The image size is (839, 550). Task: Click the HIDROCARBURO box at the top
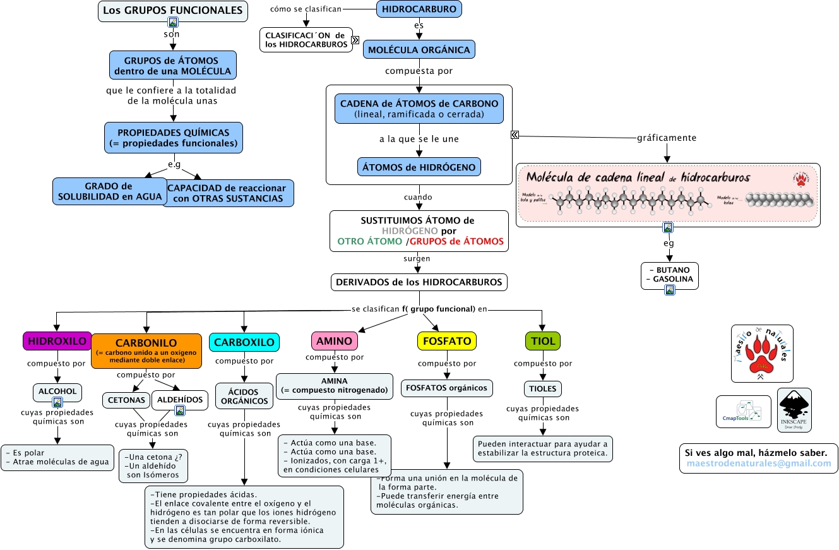[x=419, y=9]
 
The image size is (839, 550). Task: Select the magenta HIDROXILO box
[x=57, y=341]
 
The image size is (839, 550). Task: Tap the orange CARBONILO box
[x=146, y=350]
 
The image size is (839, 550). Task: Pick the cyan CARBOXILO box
[x=244, y=342]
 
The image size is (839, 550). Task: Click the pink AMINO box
[x=335, y=341]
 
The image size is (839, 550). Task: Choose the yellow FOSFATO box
[x=447, y=341]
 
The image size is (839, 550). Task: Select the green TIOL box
[x=543, y=341]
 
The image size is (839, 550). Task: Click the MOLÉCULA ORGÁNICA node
[x=419, y=50]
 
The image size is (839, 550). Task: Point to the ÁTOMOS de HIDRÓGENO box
[x=419, y=167]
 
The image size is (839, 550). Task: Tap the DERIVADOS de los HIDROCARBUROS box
[x=419, y=282]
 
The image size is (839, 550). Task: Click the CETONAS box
[x=126, y=400]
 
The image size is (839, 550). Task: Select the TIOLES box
[x=543, y=388]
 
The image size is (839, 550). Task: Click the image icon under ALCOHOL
[x=57, y=402]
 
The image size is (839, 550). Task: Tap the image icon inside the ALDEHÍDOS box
[x=180, y=410]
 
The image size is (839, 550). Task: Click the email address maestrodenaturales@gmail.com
[x=759, y=463]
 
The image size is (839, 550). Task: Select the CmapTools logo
[x=743, y=412]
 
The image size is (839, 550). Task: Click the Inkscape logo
[x=794, y=409]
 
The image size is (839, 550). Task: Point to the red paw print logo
[x=761, y=354]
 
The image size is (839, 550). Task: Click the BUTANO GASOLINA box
[x=669, y=275]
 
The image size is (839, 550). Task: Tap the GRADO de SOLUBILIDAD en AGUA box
[x=108, y=191]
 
